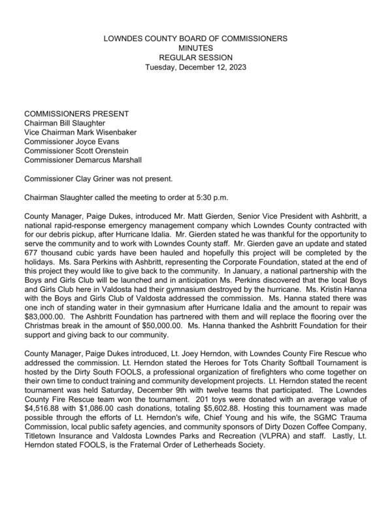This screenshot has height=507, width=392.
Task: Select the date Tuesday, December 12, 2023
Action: tap(196, 67)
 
